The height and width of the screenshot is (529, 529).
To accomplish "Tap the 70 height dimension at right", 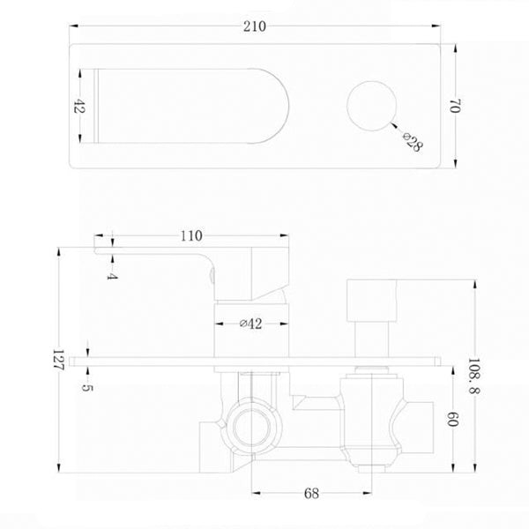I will click(x=456, y=108).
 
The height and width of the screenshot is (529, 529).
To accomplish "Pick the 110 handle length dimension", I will click(x=191, y=235).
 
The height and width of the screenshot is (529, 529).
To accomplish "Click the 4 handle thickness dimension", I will click(x=112, y=274).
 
